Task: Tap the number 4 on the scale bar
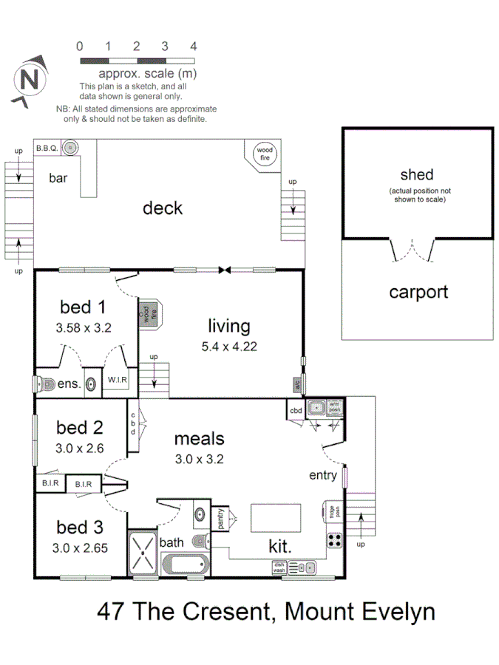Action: click(194, 46)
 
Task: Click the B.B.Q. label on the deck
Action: click(47, 149)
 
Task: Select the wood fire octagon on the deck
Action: click(264, 154)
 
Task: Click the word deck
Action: click(163, 208)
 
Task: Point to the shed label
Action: click(417, 175)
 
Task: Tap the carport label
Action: click(418, 292)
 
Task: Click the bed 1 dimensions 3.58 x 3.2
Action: click(84, 327)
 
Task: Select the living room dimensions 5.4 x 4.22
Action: click(228, 346)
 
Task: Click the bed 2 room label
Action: click(79, 427)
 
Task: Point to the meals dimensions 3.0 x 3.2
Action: click(199, 458)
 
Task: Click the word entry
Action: click(323, 475)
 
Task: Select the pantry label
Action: click(220, 518)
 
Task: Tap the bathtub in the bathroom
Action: click(186, 565)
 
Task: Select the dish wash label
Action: click(279, 567)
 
